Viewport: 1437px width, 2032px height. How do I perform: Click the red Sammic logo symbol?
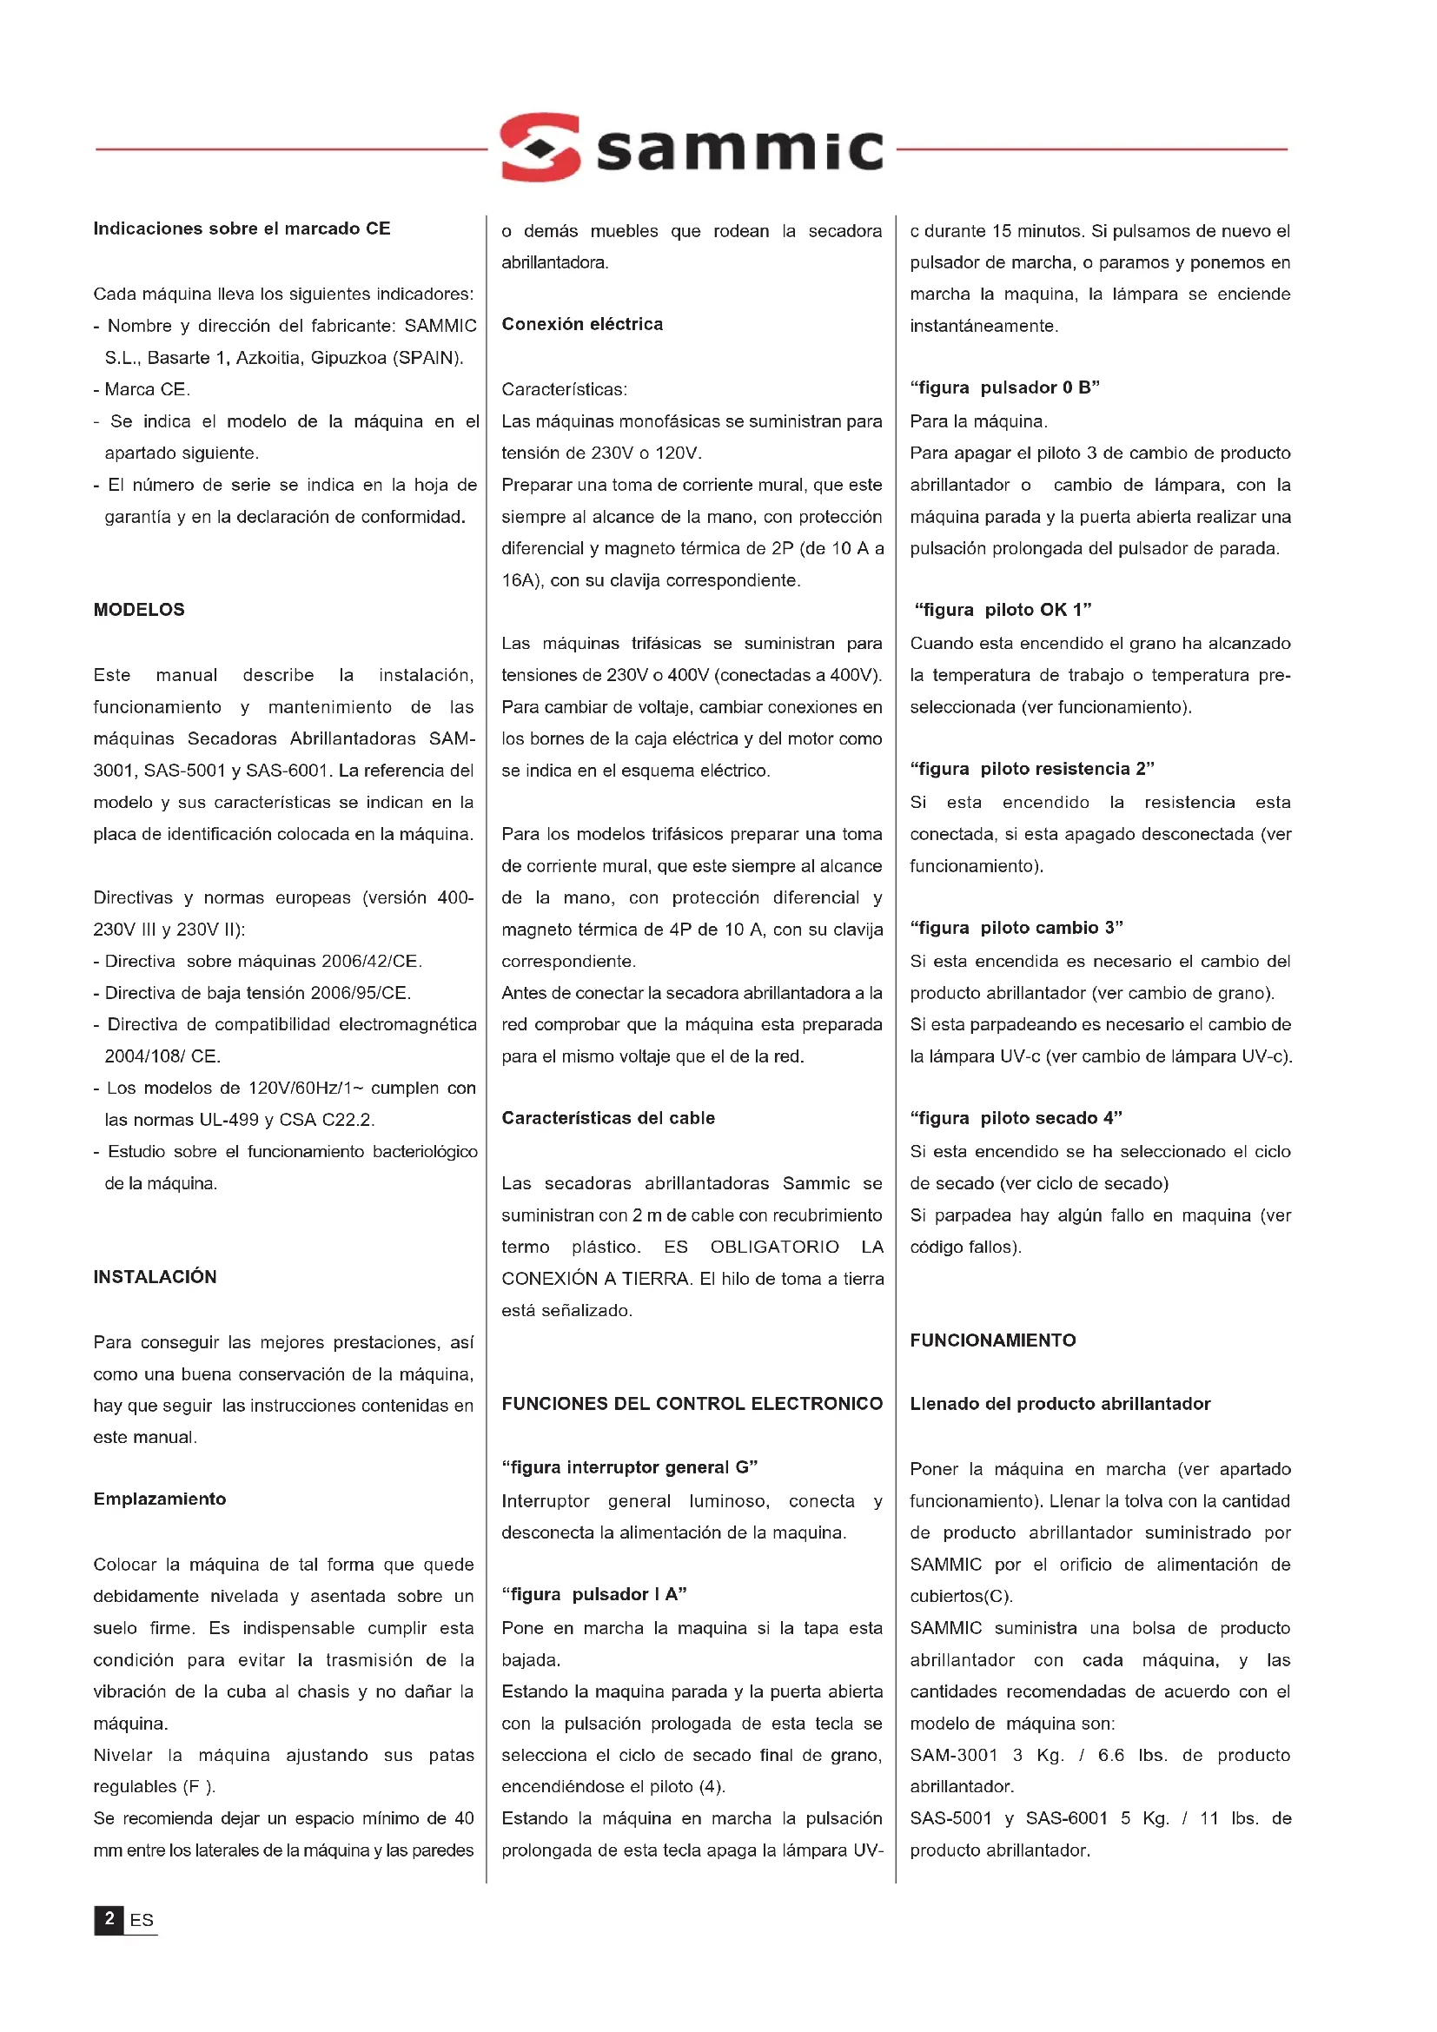tap(540, 147)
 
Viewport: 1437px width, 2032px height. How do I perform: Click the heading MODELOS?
tap(139, 610)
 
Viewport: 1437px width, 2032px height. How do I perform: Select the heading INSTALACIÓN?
tap(155, 1277)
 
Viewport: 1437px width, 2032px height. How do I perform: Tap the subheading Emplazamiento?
tap(160, 1499)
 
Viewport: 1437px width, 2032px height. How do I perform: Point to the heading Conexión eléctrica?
tap(582, 324)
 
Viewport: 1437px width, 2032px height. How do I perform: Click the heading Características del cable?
tap(608, 1118)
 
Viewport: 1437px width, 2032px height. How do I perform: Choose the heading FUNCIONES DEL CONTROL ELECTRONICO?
tap(692, 1404)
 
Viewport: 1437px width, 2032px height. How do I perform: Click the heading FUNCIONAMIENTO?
tap(993, 1340)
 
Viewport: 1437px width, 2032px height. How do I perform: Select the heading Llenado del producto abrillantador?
tap(1060, 1404)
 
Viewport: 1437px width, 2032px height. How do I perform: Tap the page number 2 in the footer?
tap(109, 1919)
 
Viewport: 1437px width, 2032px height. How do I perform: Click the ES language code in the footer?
tap(142, 1921)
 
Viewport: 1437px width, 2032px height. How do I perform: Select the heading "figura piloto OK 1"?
tap(1003, 610)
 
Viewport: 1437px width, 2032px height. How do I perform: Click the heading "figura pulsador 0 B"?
tap(1004, 387)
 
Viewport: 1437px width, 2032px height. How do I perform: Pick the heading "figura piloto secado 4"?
tap(1016, 1118)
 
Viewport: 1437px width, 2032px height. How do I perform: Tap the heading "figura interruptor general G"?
tap(629, 1467)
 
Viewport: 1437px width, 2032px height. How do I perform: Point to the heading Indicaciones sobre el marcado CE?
tap(242, 228)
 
